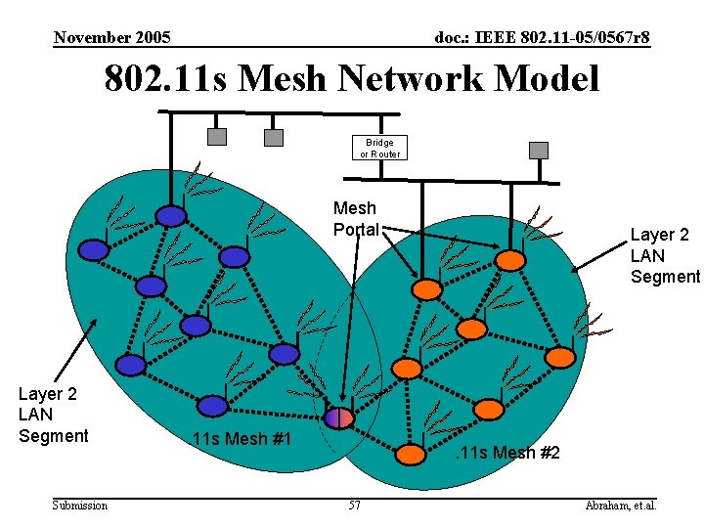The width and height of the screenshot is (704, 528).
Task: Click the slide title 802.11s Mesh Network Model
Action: (x=352, y=78)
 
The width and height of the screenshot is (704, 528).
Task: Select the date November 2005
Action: (x=112, y=38)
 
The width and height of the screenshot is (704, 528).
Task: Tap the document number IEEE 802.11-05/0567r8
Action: (x=542, y=38)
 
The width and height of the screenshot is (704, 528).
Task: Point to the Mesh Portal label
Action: (x=354, y=219)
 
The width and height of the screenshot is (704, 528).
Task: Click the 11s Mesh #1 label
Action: (x=242, y=438)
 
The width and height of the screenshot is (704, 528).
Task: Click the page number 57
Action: (x=354, y=506)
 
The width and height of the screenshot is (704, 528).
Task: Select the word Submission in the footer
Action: (x=80, y=506)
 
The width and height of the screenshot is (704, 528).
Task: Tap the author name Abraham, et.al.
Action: (x=620, y=506)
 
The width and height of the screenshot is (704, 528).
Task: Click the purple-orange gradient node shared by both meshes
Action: (x=339, y=418)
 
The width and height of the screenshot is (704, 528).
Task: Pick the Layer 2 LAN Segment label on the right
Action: (x=665, y=256)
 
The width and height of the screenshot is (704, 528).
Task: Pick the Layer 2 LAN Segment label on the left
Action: (x=54, y=415)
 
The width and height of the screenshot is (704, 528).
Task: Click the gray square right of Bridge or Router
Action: (x=539, y=150)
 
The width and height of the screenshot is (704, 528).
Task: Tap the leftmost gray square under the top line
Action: (x=218, y=137)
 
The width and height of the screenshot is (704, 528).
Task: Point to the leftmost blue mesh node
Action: (x=93, y=250)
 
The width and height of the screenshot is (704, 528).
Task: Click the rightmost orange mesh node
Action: (x=559, y=358)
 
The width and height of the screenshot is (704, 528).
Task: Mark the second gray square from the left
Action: (x=274, y=137)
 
